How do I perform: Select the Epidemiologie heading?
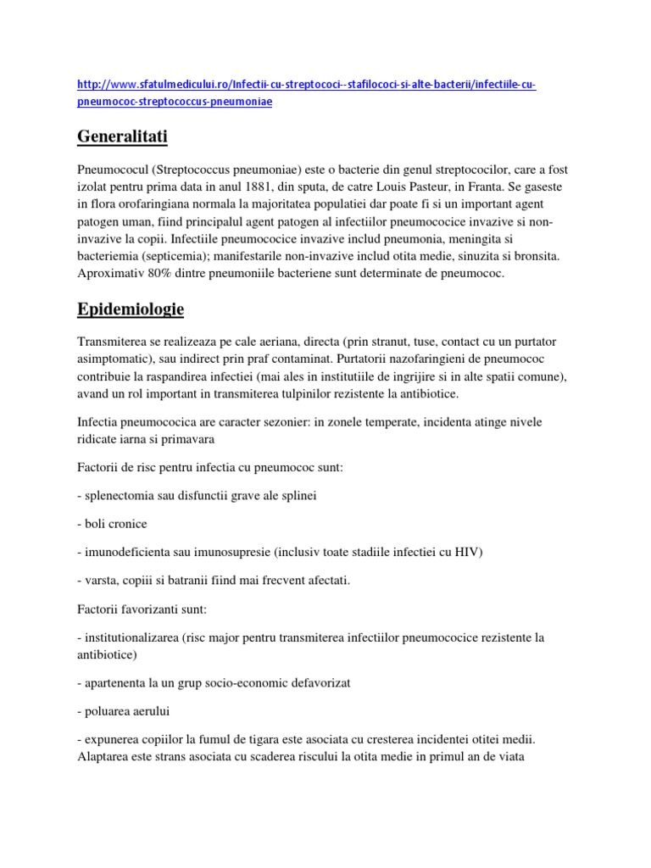click(x=131, y=309)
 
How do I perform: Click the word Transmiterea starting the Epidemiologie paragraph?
click(x=114, y=341)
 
